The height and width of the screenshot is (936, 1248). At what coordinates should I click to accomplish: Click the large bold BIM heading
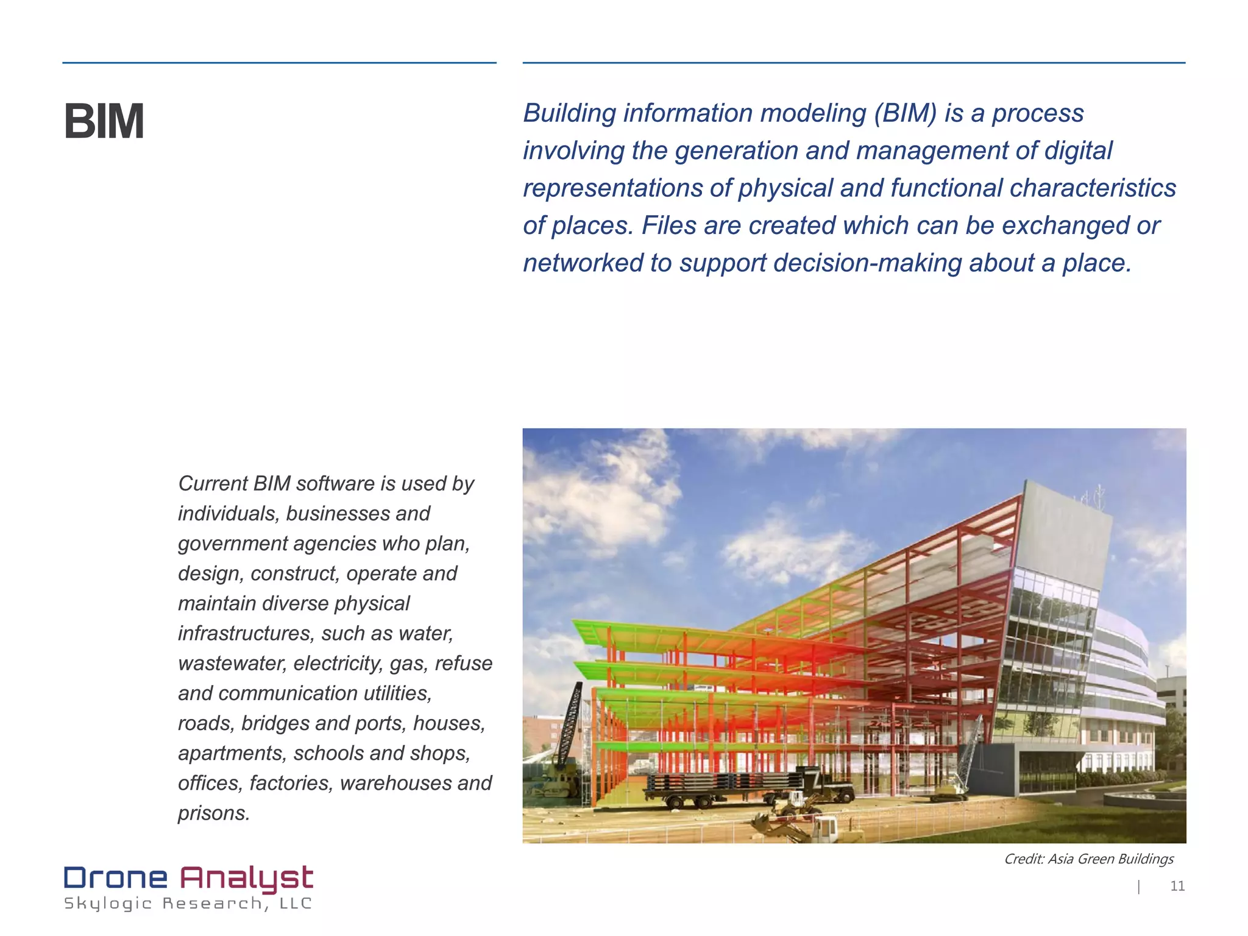click(x=104, y=122)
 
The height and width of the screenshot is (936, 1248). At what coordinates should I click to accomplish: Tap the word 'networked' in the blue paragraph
click(x=582, y=263)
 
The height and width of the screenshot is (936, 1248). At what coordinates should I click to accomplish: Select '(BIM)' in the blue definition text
click(x=905, y=113)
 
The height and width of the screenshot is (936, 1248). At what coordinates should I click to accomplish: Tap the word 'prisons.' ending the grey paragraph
click(x=214, y=813)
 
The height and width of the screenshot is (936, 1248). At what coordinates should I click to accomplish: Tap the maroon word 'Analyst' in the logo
click(x=246, y=878)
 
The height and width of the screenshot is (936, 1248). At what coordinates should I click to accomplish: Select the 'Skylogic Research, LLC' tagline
click(x=188, y=904)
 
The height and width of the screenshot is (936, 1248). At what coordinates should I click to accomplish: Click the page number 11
click(x=1177, y=886)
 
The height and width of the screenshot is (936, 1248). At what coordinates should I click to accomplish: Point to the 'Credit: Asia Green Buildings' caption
click(x=1088, y=859)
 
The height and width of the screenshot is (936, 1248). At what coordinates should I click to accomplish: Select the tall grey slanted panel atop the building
click(x=1063, y=530)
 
